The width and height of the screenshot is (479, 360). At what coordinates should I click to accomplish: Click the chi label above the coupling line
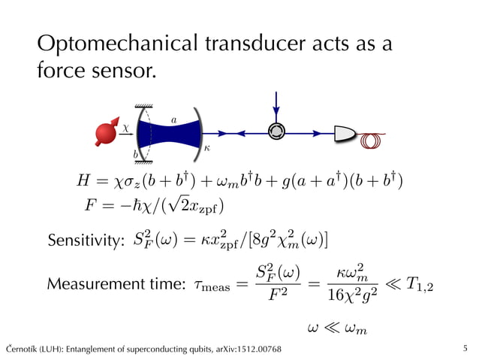(x=125, y=128)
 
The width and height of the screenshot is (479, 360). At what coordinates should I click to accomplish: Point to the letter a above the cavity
(x=174, y=118)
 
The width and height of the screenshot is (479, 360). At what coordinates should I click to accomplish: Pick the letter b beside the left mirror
(x=136, y=153)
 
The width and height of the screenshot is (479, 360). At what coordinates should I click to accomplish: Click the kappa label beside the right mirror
(x=206, y=149)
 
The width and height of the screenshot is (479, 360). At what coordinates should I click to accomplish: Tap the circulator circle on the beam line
(x=277, y=132)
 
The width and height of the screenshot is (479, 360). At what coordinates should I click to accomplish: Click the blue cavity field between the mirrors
(x=171, y=135)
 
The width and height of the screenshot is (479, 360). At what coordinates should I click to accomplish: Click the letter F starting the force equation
(x=91, y=206)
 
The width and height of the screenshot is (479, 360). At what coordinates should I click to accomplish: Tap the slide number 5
(x=465, y=349)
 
